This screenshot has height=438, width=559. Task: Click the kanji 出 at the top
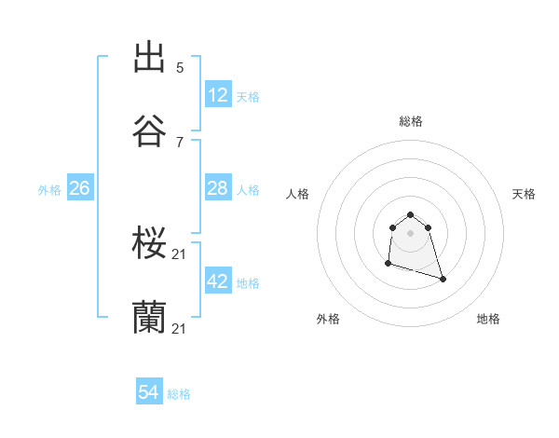coord(149,58)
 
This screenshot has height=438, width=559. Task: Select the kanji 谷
coord(149,131)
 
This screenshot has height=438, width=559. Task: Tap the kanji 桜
coord(149,244)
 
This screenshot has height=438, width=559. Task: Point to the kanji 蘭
coord(149,317)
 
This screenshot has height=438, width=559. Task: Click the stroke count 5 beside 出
coord(180,67)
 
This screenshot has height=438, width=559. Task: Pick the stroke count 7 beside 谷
coord(180,142)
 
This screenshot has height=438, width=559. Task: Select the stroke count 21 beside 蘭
coord(180,328)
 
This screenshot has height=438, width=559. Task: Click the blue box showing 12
coord(218,95)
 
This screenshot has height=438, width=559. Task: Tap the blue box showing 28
coord(218,188)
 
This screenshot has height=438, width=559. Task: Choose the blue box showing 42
coord(218,281)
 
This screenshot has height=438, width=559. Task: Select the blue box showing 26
coord(79,188)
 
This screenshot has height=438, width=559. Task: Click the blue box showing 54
coord(149,392)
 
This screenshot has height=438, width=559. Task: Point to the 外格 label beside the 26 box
coord(49,190)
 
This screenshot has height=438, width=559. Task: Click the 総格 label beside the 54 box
coord(179,394)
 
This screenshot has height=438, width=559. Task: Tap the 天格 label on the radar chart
coord(524,194)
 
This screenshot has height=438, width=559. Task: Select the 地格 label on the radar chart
coord(488,319)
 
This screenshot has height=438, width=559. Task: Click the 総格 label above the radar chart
coord(411,121)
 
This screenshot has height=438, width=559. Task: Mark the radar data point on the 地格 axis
coord(443,279)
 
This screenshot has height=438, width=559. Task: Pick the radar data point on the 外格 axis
coord(388,265)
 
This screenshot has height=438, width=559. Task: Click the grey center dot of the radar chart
coord(410,233)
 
